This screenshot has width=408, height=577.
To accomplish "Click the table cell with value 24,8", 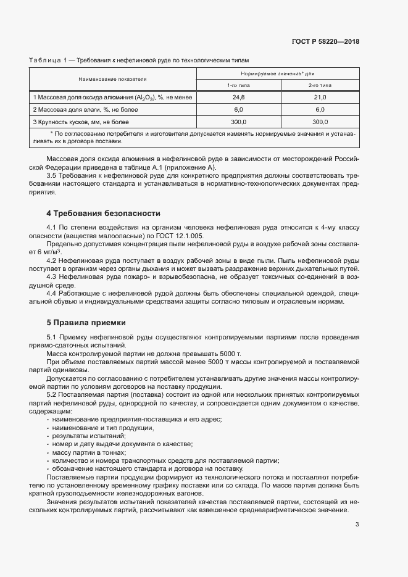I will click(x=238, y=98).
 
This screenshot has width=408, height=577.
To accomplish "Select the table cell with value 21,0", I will click(x=320, y=98).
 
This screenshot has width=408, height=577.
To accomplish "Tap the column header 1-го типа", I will click(x=238, y=85).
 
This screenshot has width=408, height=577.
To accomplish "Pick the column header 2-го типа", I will click(x=320, y=85).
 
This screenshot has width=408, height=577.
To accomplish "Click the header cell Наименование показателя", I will click(x=112, y=79).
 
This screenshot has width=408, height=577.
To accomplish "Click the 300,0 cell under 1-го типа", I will click(x=238, y=122).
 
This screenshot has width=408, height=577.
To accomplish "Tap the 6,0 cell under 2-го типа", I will click(x=320, y=110).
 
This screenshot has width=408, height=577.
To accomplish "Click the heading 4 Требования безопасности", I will click(x=103, y=214).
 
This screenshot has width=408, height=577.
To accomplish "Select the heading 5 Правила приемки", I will click(x=86, y=322).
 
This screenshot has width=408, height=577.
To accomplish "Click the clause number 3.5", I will click(x=53, y=176).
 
